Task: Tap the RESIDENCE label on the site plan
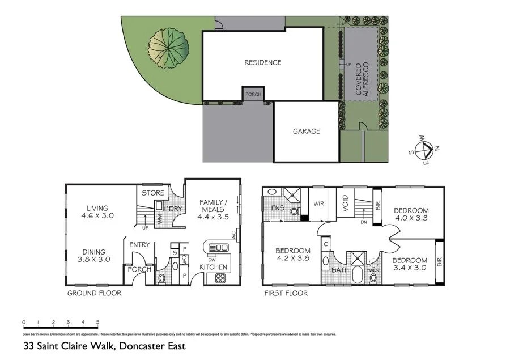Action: point(262,63)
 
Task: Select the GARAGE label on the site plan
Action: point(306,132)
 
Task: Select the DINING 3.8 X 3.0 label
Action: point(94,255)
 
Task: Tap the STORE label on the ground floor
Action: point(152,193)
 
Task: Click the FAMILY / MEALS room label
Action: point(214,209)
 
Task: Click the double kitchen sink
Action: point(219,248)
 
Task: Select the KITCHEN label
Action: point(213,267)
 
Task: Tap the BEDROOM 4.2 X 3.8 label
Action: point(293,255)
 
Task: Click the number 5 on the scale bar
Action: point(97,322)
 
